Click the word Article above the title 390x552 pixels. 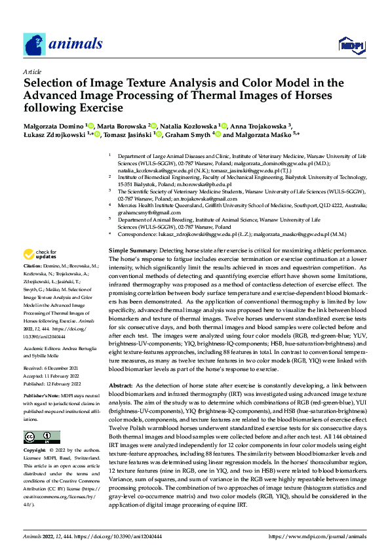click(x=33, y=71)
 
